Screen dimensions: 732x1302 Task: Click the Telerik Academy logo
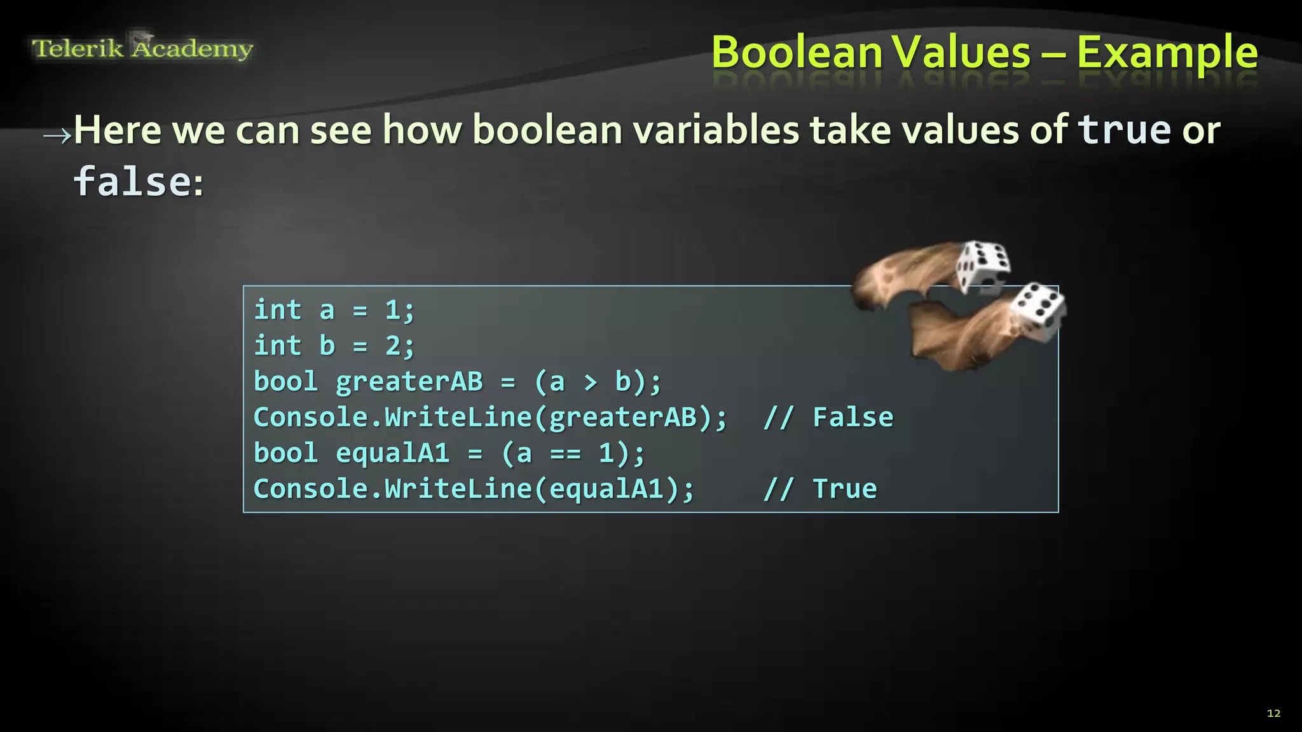coord(142,48)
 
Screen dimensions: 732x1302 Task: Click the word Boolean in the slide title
coord(796,52)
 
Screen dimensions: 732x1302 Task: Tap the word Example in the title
coord(1167,53)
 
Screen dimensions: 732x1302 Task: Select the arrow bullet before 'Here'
coord(57,135)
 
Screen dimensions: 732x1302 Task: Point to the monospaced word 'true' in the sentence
coord(1124,130)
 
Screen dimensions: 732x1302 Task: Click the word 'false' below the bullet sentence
coord(132,182)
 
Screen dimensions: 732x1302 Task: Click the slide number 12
coord(1273,714)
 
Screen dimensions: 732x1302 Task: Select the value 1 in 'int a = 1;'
coord(392,311)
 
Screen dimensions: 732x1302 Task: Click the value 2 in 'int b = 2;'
coord(392,346)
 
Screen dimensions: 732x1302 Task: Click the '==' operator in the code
coord(565,454)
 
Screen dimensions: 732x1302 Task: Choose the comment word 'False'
coord(853,418)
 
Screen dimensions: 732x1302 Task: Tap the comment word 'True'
coord(844,489)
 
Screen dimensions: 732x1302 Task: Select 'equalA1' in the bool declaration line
coord(392,454)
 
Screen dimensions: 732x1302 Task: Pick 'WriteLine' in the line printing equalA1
coord(458,489)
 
